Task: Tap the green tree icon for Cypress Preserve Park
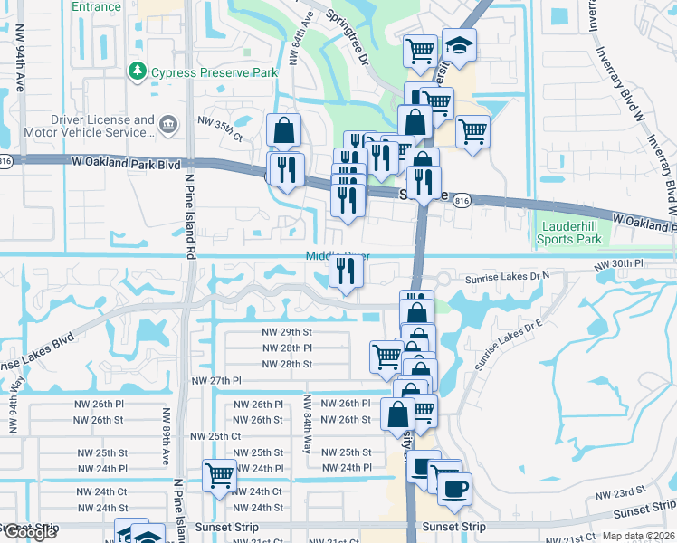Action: click(x=137, y=70)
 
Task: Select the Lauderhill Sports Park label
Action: click(x=569, y=233)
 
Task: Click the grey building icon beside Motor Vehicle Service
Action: click(x=167, y=124)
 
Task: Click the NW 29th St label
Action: click(x=286, y=333)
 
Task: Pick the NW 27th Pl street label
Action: click(x=217, y=382)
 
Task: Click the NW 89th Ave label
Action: click(x=167, y=436)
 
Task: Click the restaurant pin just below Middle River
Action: click(x=345, y=271)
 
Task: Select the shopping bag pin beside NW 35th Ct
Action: click(x=283, y=130)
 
